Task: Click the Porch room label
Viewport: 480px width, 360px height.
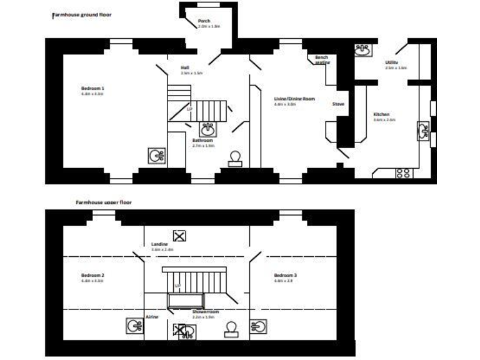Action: tap(204, 21)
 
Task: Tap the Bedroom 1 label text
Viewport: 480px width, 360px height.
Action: tap(92, 89)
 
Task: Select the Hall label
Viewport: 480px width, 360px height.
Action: tap(185, 67)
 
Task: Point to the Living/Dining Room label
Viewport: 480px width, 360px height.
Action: tap(294, 99)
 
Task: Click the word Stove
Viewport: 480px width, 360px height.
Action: tap(338, 104)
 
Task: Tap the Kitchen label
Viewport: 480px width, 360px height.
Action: tap(382, 115)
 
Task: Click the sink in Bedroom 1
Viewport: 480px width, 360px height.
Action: tap(156, 155)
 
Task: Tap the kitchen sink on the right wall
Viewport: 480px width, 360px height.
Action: tap(424, 131)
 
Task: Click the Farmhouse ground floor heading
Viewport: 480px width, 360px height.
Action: tap(81, 14)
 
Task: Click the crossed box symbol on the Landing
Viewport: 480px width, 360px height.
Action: tap(180, 236)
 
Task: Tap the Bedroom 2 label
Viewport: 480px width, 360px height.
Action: tap(92, 276)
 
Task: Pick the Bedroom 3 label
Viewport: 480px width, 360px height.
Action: tap(285, 276)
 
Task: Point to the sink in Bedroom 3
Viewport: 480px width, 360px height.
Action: tap(259, 326)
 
